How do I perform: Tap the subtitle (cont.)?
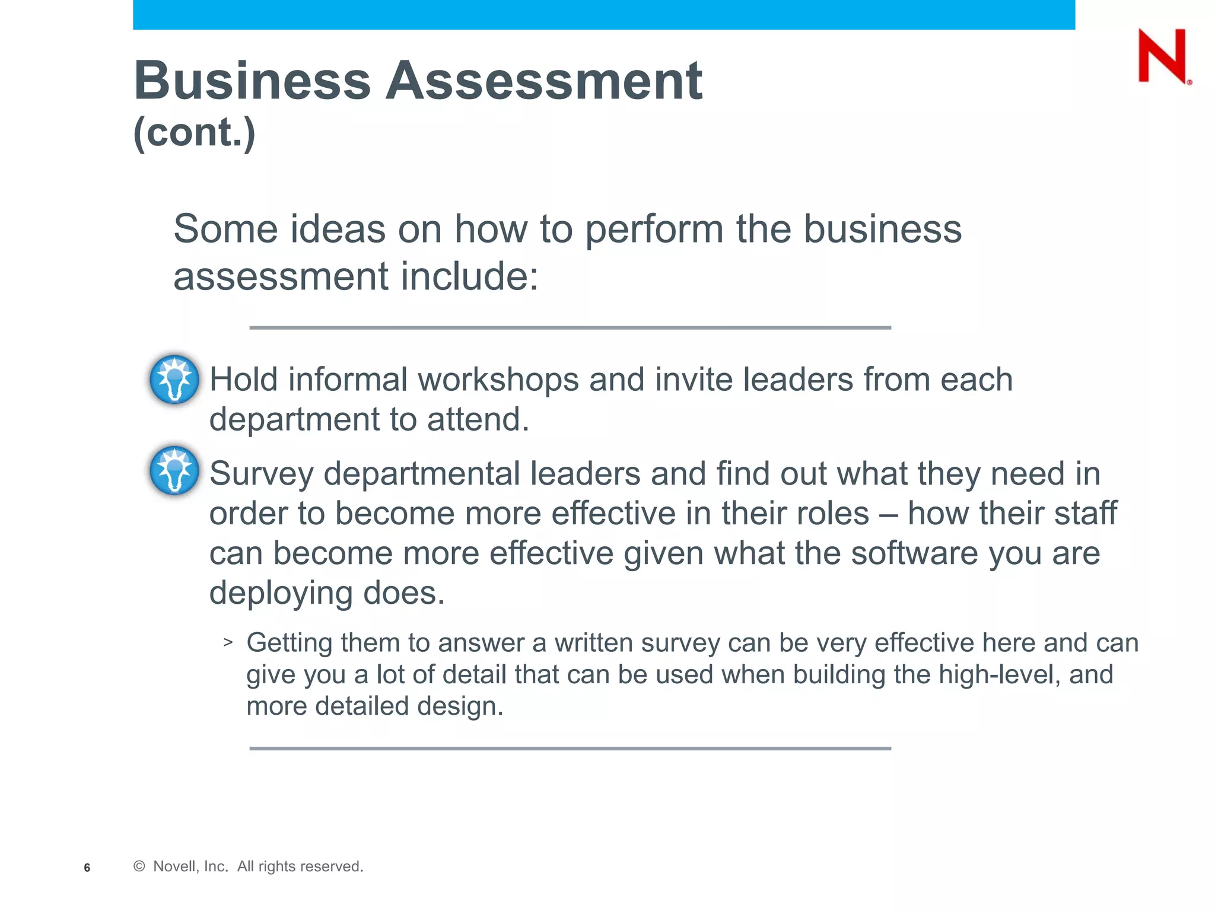tap(195, 132)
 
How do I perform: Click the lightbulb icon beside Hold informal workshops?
tap(174, 379)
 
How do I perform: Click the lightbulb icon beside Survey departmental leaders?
tap(174, 470)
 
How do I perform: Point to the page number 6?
tap(87, 868)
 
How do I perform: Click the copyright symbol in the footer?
tap(139, 867)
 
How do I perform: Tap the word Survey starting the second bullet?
tap(261, 474)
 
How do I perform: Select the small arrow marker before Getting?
tap(228, 642)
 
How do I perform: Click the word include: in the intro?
tap(469, 276)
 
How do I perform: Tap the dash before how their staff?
tap(888, 514)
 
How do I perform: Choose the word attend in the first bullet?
tap(476, 419)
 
